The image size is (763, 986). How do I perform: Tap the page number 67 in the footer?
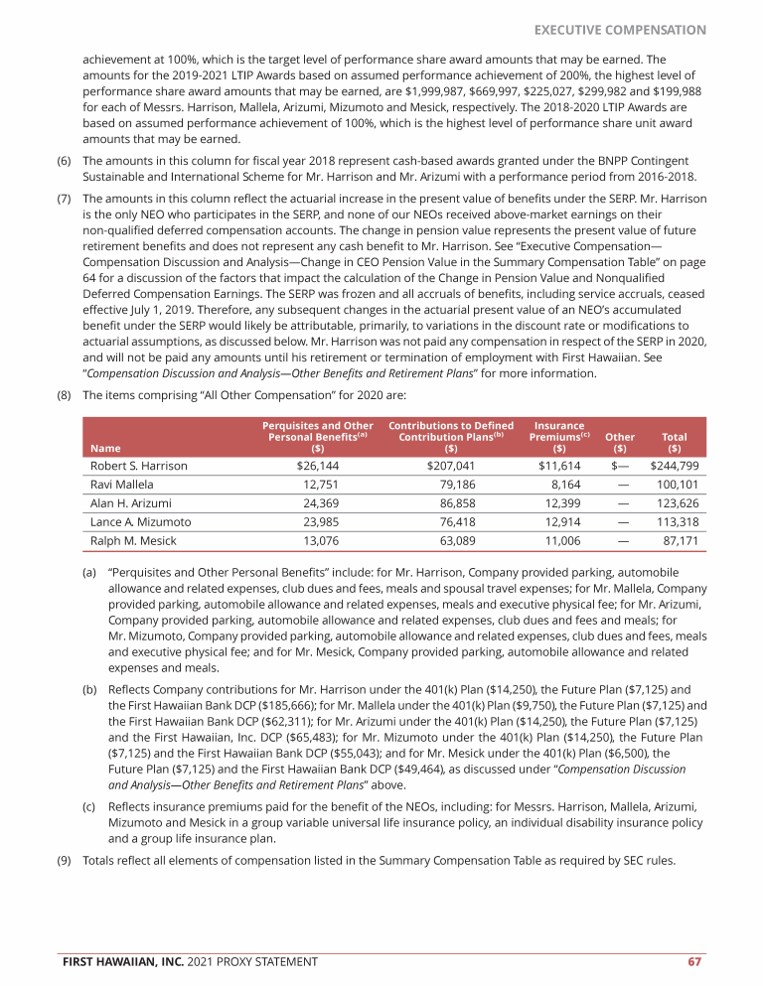[695, 961]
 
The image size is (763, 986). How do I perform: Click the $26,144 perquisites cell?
[318, 466]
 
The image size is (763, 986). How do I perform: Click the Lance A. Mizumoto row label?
[141, 522]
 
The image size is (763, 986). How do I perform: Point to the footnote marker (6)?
[63, 161]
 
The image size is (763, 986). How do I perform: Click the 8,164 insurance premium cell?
[563, 485]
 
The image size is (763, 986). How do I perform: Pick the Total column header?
[675, 442]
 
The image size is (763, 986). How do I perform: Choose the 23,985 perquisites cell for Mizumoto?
[318, 522]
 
